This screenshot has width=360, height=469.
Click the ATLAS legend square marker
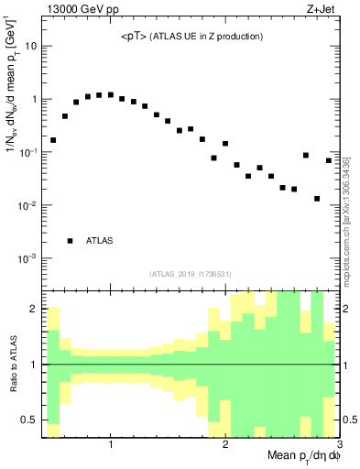click(70, 241)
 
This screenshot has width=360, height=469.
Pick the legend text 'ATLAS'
click(100, 241)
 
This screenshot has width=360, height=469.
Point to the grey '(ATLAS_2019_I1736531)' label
click(190, 274)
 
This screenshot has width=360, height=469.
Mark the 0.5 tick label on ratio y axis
click(30, 420)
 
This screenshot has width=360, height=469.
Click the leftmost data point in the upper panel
click(53, 140)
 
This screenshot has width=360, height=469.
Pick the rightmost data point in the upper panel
click(329, 161)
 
